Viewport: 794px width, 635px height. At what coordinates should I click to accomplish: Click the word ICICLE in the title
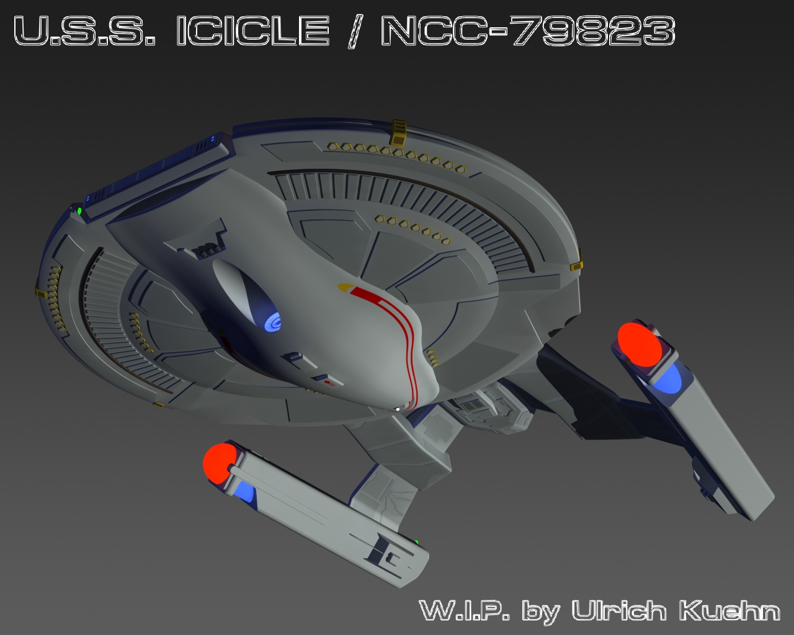tap(253, 30)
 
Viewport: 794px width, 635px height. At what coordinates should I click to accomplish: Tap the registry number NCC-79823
tap(528, 30)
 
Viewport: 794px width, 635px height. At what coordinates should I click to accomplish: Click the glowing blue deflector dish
tap(273, 322)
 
